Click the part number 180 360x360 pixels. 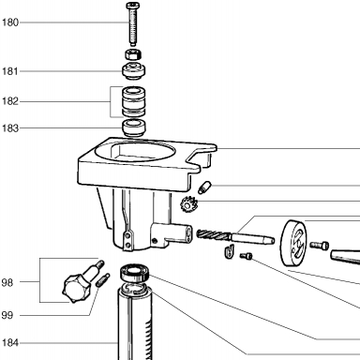coord(10,22)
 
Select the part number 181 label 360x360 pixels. coord(10,71)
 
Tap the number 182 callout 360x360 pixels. coord(10,101)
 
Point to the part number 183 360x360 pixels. coord(10,128)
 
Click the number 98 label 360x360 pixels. coord(7,283)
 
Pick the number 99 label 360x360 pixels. coord(7,315)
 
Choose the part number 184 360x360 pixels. coord(10,343)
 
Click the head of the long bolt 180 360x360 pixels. coord(133,6)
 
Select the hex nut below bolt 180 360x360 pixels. coord(133,54)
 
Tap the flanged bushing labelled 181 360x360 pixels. coord(133,71)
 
